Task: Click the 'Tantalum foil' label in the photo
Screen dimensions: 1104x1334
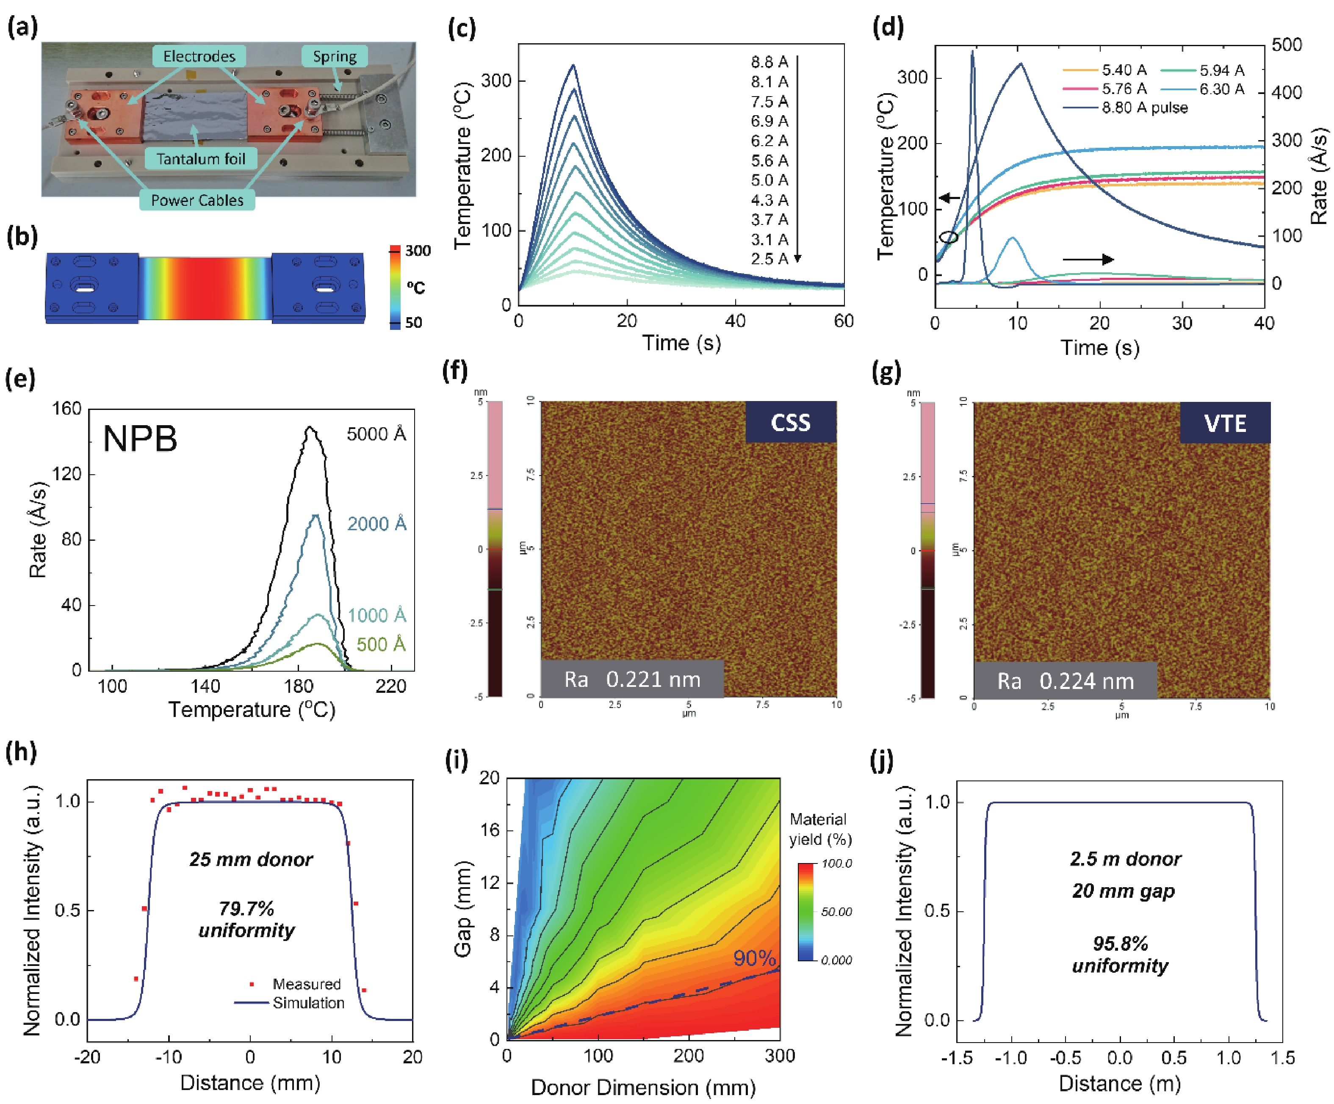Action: pyautogui.click(x=201, y=159)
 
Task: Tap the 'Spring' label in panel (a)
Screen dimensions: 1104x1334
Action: pyautogui.click(x=334, y=57)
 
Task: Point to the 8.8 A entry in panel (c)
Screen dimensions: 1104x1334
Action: pyautogui.click(x=769, y=62)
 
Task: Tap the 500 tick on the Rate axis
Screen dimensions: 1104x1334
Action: pyautogui.click(x=1287, y=45)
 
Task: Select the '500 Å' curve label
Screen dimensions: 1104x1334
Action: pyautogui.click(x=380, y=645)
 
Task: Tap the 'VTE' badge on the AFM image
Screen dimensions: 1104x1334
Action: pyautogui.click(x=1225, y=423)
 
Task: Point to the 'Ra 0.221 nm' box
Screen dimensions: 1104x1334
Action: pyautogui.click(x=632, y=680)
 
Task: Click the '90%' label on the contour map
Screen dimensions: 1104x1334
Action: pyautogui.click(x=754, y=958)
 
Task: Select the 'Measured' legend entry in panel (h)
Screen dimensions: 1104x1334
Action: pyautogui.click(x=306, y=984)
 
